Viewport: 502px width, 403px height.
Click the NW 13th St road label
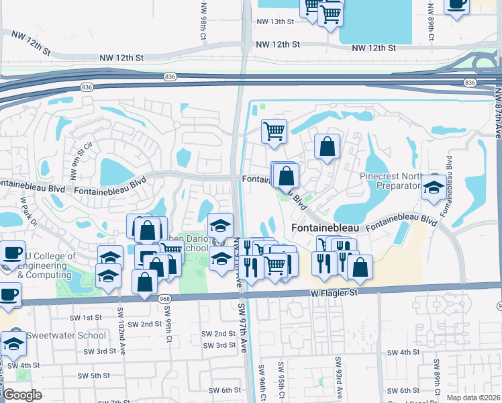[275, 21]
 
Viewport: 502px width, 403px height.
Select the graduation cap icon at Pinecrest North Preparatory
[434, 187]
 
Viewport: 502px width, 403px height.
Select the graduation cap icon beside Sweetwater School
[13, 343]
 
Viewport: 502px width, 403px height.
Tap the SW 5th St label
[93, 375]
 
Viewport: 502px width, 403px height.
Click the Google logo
[22, 395]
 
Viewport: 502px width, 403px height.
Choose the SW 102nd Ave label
[121, 327]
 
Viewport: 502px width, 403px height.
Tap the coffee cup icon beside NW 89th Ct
[456, 6]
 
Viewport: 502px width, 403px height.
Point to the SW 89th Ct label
[436, 380]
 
